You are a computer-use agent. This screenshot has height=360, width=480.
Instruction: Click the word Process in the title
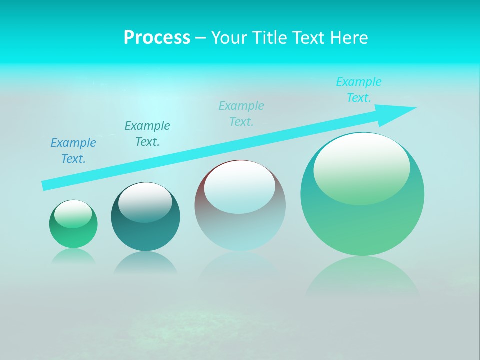coord(157,38)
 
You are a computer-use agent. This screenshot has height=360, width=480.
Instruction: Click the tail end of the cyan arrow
coord(44,186)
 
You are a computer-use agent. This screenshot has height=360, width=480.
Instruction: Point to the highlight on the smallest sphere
coord(73,214)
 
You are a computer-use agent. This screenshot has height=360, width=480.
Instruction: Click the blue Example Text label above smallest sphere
coord(73,151)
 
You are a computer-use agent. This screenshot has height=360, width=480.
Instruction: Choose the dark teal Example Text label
coord(147,134)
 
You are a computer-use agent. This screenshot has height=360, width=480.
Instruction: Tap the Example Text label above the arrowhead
coord(359,90)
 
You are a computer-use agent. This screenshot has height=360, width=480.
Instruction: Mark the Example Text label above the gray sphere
coord(241,114)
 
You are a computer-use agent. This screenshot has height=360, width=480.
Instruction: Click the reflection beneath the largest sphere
coord(362,277)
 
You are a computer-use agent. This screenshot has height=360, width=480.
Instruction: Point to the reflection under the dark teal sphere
coord(145,263)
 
